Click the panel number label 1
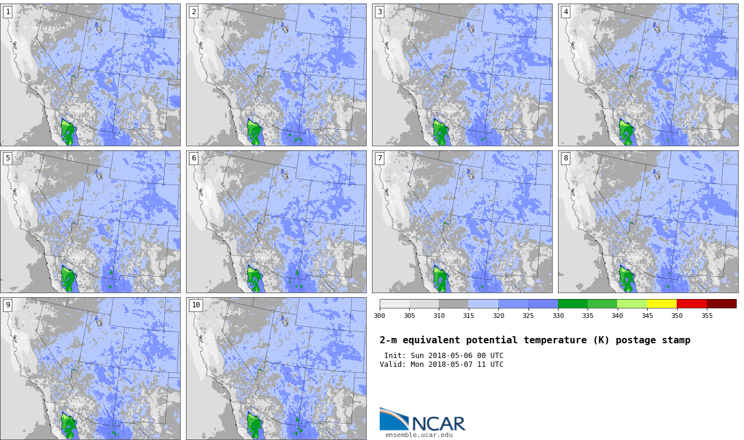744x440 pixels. [8, 12]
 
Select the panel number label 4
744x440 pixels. [566, 12]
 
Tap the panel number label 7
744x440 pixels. [380, 159]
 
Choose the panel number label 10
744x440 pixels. [196, 305]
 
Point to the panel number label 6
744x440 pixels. [194, 159]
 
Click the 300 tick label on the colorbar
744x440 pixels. [380, 316]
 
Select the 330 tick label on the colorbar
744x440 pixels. [558, 316]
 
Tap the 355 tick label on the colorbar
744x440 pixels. [707, 316]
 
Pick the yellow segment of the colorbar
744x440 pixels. [661, 304]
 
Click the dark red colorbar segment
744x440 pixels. [722, 304]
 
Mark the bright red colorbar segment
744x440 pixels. [691, 304]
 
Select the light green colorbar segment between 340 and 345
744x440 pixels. [632, 304]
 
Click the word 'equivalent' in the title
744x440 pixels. [431, 340]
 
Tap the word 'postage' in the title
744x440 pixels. [636, 340]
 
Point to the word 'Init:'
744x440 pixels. [395, 356]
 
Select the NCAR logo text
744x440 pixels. [438, 423]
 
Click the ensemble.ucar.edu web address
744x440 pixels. [419, 435]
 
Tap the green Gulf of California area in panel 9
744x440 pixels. [68, 425]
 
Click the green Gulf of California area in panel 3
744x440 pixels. [440, 132]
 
